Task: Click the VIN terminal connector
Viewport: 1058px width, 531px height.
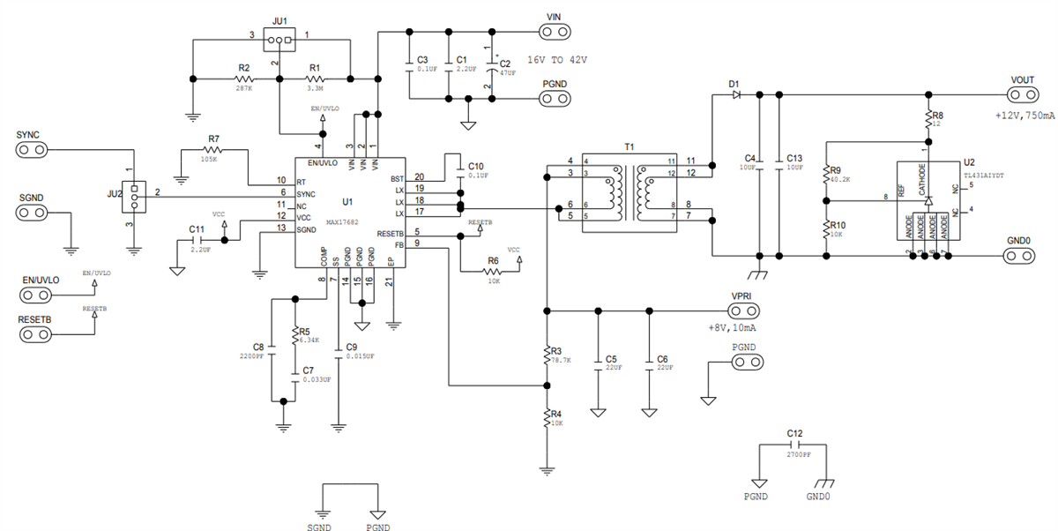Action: [x=554, y=33]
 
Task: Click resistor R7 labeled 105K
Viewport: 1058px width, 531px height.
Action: [x=213, y=151]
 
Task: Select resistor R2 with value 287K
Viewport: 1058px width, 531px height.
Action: [x=244, y=79]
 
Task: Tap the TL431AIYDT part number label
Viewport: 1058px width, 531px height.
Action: [x=987, y=175]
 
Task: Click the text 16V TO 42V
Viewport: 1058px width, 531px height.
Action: [x=556, y=60]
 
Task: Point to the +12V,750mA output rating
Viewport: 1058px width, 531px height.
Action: [x=1024, y=116]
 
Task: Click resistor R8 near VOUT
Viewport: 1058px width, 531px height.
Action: [x=928, y=120]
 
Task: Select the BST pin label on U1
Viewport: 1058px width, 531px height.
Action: [x=396, y=178]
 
